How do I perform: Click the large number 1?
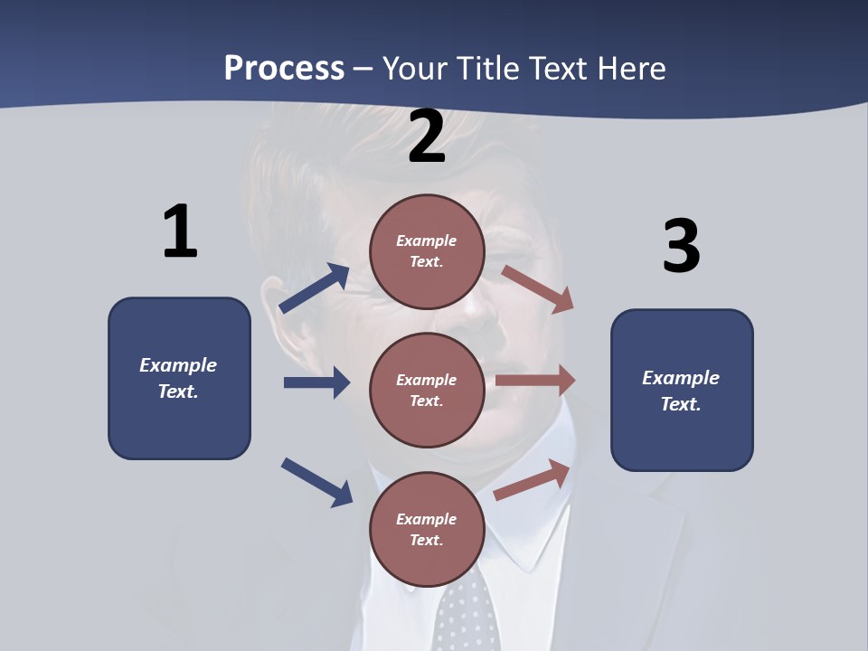click(180, 231)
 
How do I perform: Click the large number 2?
click(427, 137)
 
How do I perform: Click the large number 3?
click(681, 247)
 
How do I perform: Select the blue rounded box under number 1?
click(179, 378)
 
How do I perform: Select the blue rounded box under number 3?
click(682, 391)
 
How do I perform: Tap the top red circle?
click(427, 250)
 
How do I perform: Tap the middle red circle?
click(427, 390)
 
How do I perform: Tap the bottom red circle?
click(427, 529)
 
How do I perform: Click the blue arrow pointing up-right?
click(315, 288)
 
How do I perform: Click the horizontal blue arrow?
click(316, 382)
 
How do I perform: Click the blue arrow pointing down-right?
click(316, 482)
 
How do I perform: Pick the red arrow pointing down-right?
click(538, 289)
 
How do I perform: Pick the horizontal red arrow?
click(535, 381)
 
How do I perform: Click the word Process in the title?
click(284, 68)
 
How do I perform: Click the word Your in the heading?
click(415, 68)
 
